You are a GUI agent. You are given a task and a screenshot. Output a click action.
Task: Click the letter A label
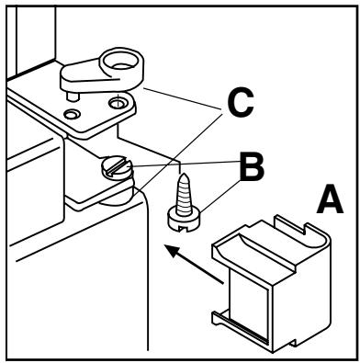pos(330,200)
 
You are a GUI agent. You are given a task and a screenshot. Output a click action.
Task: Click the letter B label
pos(252,167)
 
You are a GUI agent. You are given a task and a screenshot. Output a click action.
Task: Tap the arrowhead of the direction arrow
pos(174,251)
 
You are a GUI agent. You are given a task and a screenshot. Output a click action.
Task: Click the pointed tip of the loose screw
pos(184,175)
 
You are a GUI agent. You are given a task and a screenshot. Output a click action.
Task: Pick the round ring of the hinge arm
pos(122,62)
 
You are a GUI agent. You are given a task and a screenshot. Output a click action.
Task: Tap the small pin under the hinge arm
pos(73,96)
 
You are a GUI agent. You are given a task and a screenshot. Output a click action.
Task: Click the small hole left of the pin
pos(72,114)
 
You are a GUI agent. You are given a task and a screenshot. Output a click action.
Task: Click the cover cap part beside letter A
pos(271,283)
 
